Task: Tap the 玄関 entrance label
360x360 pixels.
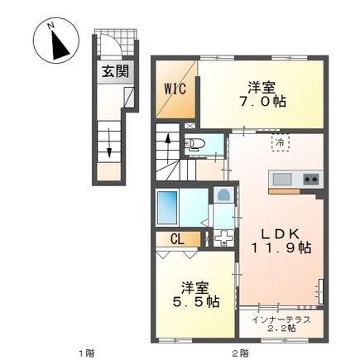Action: tap(115, 72)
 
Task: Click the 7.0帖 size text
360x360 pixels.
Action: tap(262, 103)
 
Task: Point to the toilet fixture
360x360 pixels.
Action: tap(197, 144)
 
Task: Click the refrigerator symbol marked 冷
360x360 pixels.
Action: tap(281, 144)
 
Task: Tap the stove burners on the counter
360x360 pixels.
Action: tap(310, 178)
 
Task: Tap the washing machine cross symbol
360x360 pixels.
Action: tap(223, 238)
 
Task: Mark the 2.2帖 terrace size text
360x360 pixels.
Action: tap(286, 329)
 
